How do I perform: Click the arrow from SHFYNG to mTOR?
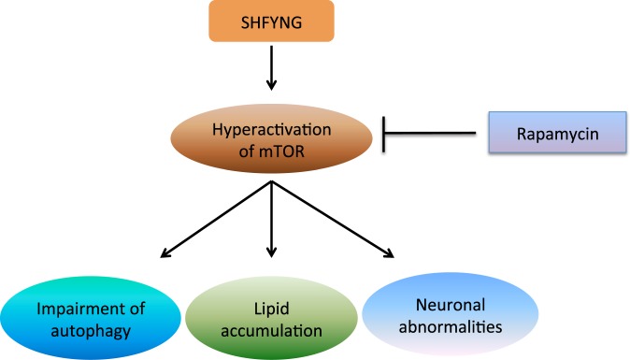(x=271, y=70)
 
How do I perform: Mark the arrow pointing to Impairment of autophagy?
(x=215, y=220)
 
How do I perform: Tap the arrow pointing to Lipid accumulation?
(x=271, y=220)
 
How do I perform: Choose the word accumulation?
(x=271, y=328)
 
